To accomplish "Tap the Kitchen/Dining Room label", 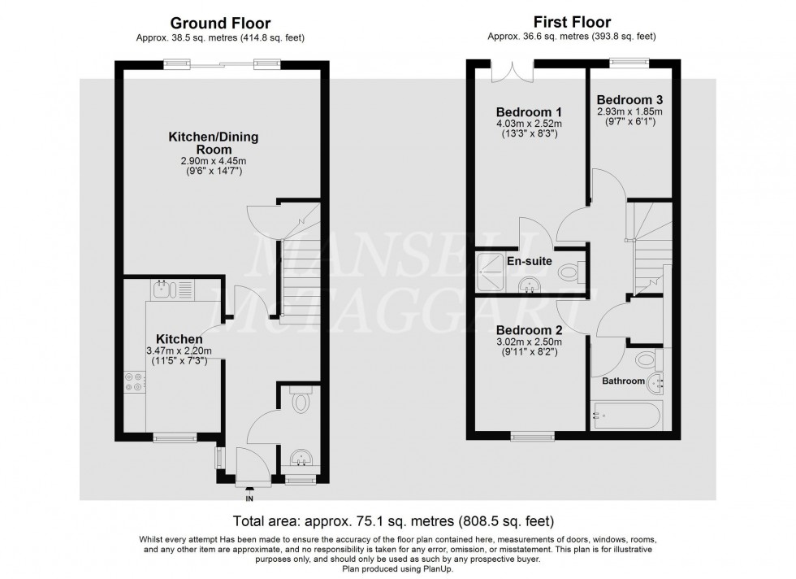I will pyautogui.click(x=213, y=143).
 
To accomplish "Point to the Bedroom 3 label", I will pyautogui.click(x=630, y=99).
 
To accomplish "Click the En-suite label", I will pyautogui.click(x=530, y=262).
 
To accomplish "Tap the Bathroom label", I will pyautogui.click(x=623, y=381).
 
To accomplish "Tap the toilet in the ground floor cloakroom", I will pyautogui.click(x=301, y=402).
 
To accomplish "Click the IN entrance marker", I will pyautogui.click(x=249, y=498).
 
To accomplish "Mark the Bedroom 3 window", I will pyautogui.click(x=629, y=60).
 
